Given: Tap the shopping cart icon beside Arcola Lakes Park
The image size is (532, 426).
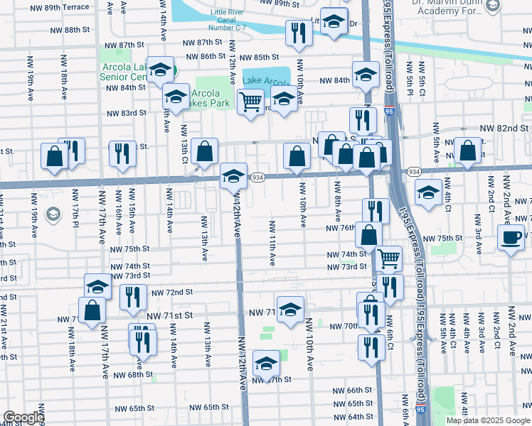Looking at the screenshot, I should (x=250, y=102).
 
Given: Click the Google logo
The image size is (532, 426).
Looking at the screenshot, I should (x=23, y=417).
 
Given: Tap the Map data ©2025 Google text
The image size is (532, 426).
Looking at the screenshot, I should (x=488, y=420).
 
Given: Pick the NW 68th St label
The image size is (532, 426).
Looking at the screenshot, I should (x=133, y=374).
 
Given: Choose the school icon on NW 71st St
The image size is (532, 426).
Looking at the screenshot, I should (x=290, y=310).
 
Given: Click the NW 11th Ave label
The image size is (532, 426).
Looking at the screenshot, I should (x=272, y=244).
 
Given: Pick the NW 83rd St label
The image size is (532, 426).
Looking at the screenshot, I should (x=127, y=113).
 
